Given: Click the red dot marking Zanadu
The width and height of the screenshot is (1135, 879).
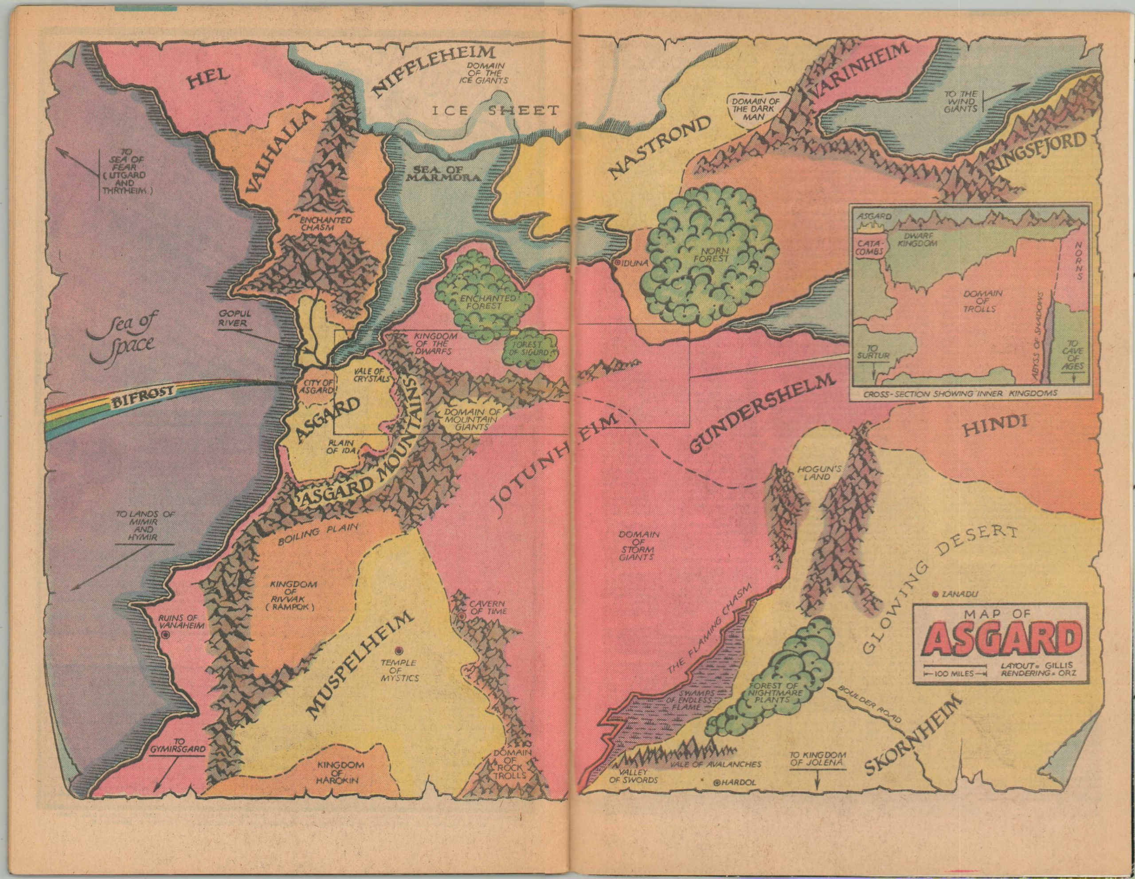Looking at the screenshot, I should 935,594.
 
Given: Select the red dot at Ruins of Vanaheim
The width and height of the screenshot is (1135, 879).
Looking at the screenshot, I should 166,635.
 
